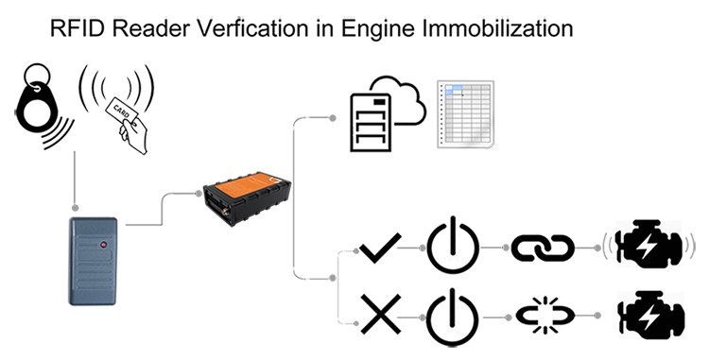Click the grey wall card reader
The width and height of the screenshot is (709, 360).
[x=95, y=260]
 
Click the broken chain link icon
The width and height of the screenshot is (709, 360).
[x=543, y=315]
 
